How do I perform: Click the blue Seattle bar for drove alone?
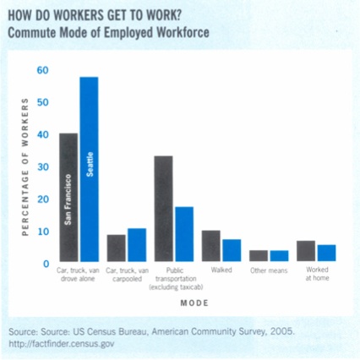click(90, 169)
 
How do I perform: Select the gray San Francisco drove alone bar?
click(68, 197)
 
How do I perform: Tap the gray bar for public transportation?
click(164, 209)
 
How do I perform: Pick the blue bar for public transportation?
click(184, 234)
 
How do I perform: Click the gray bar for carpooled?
click(116, 248)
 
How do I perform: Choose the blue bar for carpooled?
click(137, 245)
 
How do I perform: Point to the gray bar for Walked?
click(211, 246)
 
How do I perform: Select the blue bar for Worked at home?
click(327, 253)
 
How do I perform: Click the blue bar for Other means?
click(280, 256)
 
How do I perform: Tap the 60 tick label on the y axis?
click(43, 70)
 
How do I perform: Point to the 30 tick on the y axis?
click(43, 167)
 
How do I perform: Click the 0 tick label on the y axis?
click(46, 264)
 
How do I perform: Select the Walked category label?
click(221, 270)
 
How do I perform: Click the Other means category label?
click(269, 270)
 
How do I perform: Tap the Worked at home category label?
click(317, 274)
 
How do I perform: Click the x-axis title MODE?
click(194, 303)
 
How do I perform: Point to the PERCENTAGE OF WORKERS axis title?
click(25, 166)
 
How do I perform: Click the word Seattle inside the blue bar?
click(90, 164)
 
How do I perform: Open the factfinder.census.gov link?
click(62, 344)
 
